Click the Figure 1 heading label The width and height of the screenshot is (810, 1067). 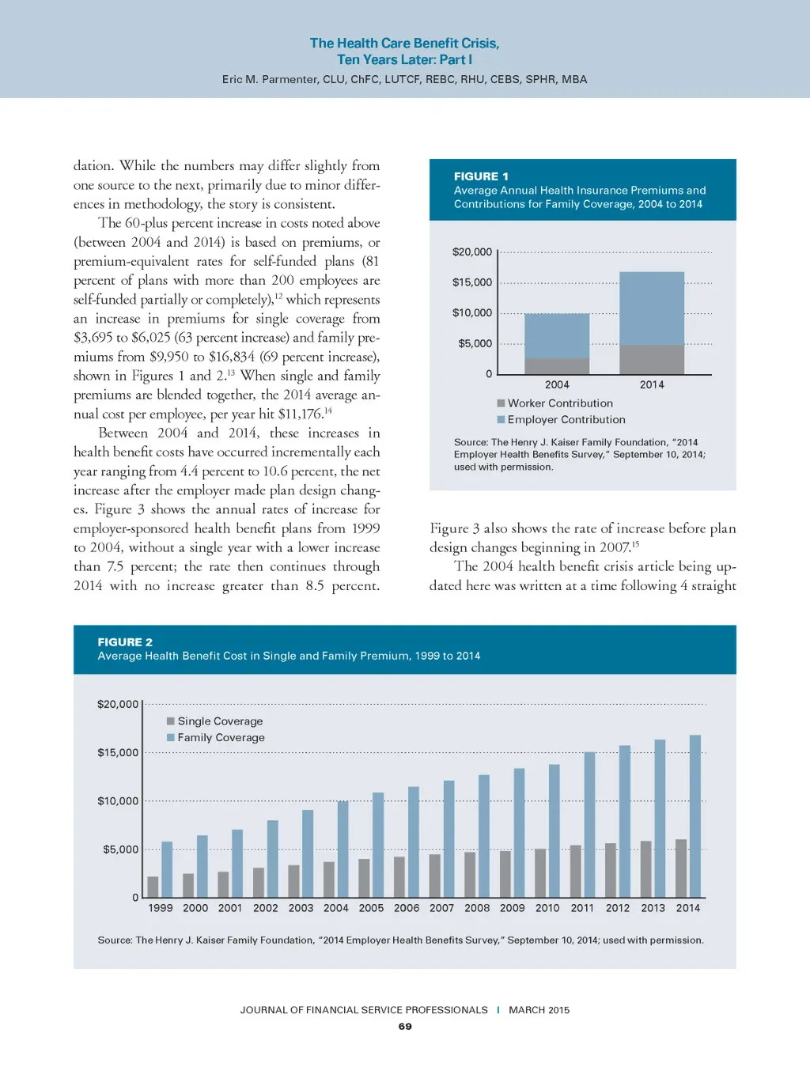click(481, 176)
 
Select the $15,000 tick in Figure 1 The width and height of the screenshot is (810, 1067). click(472, 282)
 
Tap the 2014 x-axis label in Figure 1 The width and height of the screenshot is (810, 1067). click(652, 384)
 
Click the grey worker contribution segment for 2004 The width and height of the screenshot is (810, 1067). click(557, 366)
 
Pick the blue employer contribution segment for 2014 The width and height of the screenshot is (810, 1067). click(652, 308)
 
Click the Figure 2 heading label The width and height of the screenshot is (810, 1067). click(125, 642)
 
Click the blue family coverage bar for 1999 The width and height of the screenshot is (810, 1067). click(167, 869)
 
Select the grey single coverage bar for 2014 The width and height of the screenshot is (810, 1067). click(681, 868)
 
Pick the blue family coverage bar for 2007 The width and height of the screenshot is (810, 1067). click(449, 838)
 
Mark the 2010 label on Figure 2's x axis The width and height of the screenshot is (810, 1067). click(547, 908)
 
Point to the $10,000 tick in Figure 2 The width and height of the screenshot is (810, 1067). click(118, 801)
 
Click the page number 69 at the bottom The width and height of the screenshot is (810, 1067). click(405, 1027)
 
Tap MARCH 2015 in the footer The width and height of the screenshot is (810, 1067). click(539, 1010)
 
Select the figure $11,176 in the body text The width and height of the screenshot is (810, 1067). click(300, 414)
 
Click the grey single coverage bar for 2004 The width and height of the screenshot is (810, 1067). click(329, 879)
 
